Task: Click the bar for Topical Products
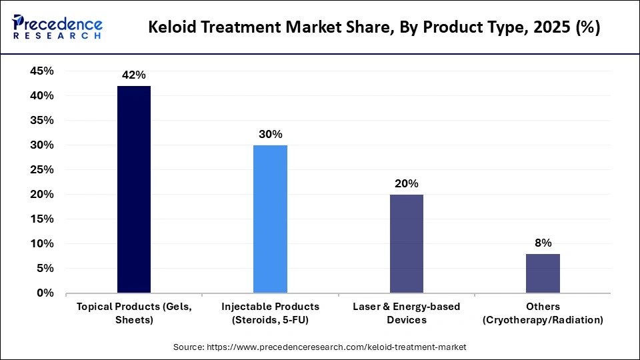[x=134, y=189]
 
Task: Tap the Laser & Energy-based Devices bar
[x=407, y=243]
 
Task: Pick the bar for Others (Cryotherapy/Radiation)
[x=543, y=273]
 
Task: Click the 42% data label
[x=134, y=75]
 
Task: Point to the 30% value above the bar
[x=270, y=134]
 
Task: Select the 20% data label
[x=407, y=183]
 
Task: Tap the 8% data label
[x=543, y=243]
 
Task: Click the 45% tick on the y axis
[x=42, y=71]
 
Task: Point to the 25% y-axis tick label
[x=42, y=170]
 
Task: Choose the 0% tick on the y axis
[x=45, y=293]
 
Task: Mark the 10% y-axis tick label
[x=42, y=244]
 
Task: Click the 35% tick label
[x=42, y=121]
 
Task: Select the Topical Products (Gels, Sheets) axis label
[x=134, y=313]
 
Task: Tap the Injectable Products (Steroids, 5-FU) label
[x=270, y=313]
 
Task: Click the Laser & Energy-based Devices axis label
[x=407, y=313]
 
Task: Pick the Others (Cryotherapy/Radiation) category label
[x=543, y=313]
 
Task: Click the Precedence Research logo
[x=57, y=27]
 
